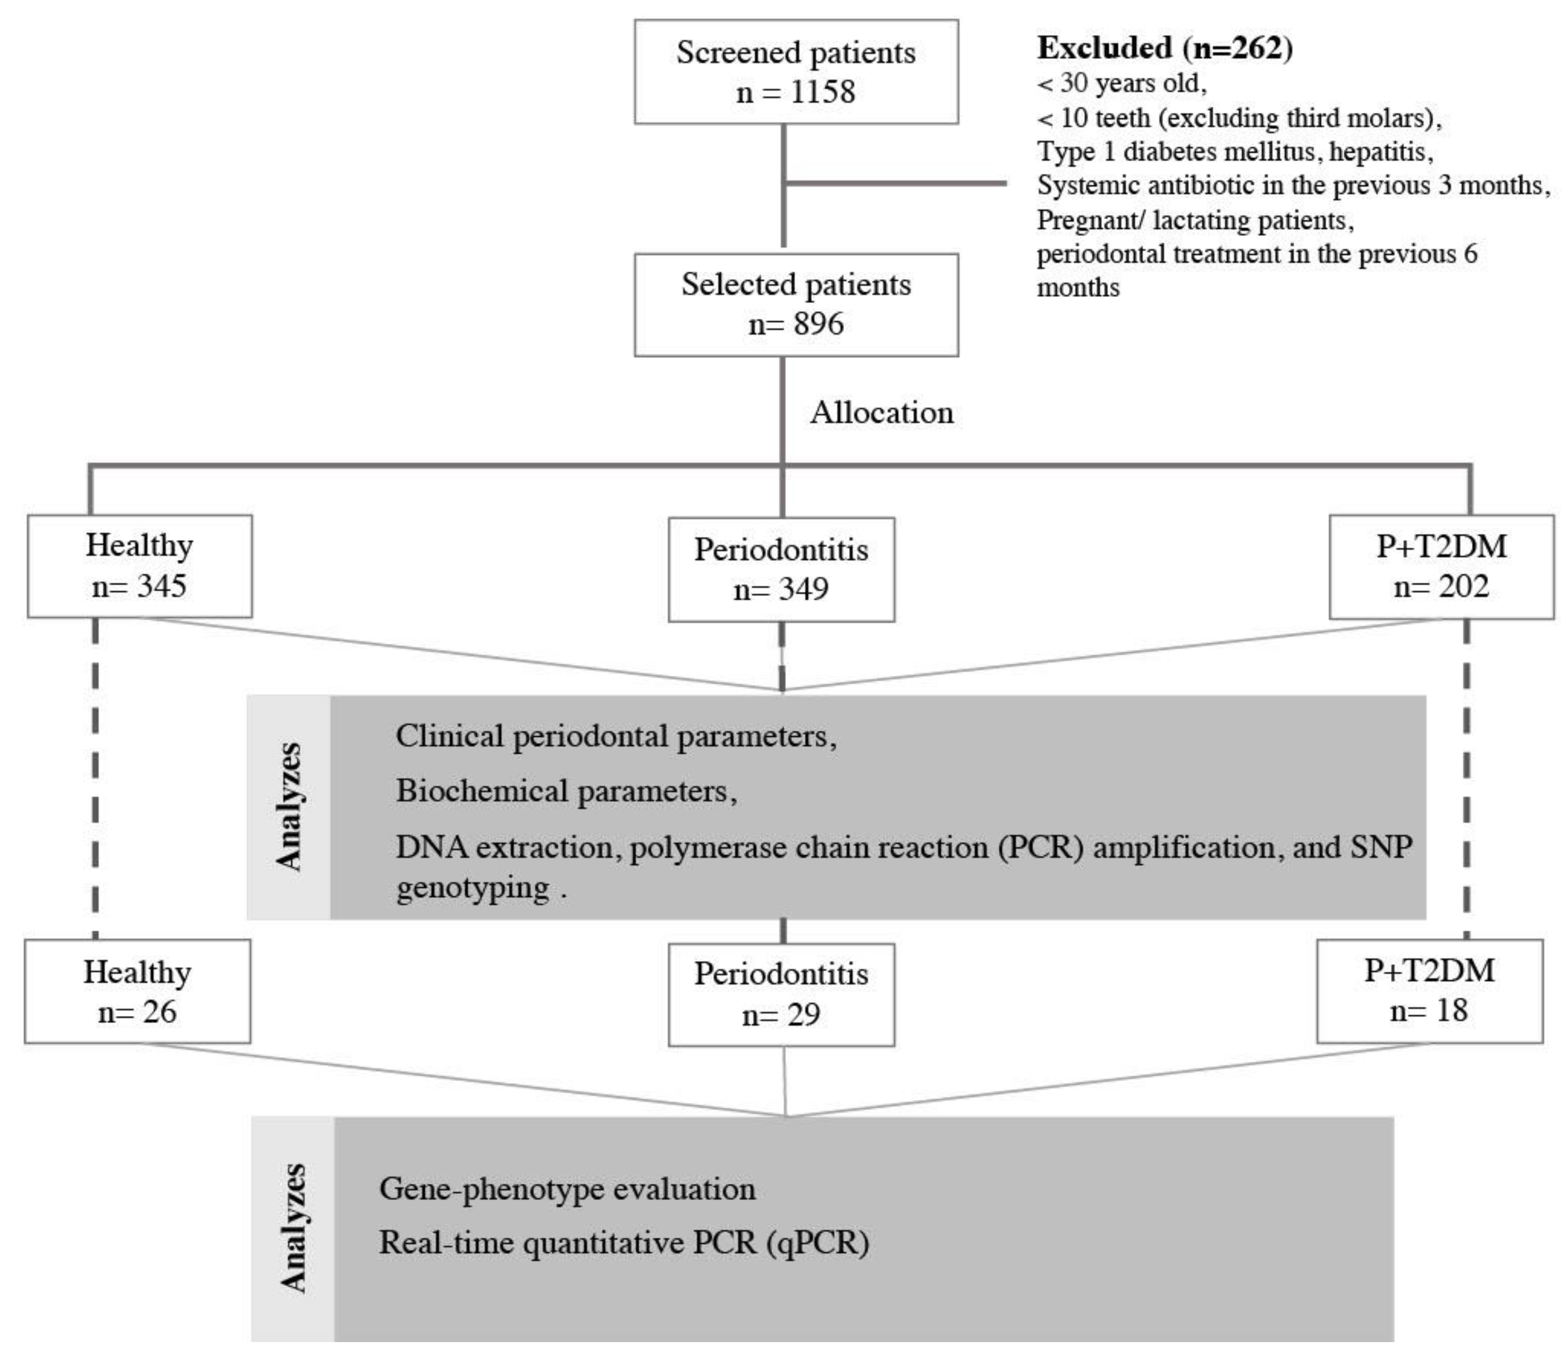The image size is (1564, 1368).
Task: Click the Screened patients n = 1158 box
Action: pyautogui.click(x=796, y=72)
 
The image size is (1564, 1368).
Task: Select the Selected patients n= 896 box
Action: pyautogui.click(x=796, y=305)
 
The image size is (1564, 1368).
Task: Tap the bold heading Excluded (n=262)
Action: pyautogui.click(x=1165, y=48)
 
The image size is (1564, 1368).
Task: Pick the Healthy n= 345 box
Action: pyautogui.click(x=140, y=566)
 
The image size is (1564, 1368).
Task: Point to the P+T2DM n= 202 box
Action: pyautogui.click(x=1441, y=566)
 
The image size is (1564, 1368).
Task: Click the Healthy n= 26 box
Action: pyautogui.click(x=137, y=991)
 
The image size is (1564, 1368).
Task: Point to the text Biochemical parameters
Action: pyautogui.click(x=566, y=791)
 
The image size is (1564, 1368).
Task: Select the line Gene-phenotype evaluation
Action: pyautogui.click(x=567, y=1189)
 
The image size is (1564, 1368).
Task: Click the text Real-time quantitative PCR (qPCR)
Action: pyautogui.click(x=624, y=1243)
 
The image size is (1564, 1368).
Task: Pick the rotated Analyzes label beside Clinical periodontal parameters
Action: pyautogui.click(x=289, y=806)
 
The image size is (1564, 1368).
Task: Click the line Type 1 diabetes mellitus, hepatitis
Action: pyautogui.click(x=1234, y=152)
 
